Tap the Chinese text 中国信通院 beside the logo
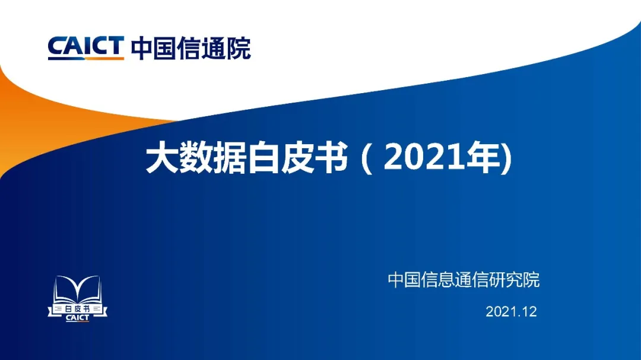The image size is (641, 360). pyautogui.click(x=191, y=48)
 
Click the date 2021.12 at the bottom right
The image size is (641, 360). pyautogui.click(x=511, y=312)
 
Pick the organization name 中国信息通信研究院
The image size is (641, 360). pyautogui.click(x=464, y=280)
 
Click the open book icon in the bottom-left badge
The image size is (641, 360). pyautogui.click(x=77, y=289)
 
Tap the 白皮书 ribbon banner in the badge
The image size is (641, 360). pyautogui.click(x=77, y=309)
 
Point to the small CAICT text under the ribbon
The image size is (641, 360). pyautogui.click(x=77, y=318)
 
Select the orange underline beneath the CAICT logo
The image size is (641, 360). pyautogui.click(x=86, y=59)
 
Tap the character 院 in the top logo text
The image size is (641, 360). pyautogui.click(x=239, y=48)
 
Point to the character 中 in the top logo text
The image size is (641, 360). pyautogui.click(x=142, y=48)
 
